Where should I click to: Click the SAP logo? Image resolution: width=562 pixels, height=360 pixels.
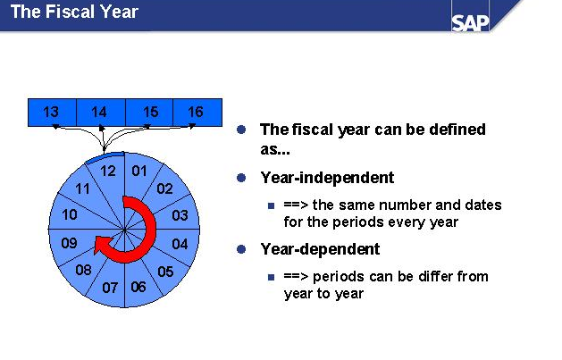tap(470, 23)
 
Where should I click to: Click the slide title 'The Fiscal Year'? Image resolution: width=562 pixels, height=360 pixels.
tap(74, 12)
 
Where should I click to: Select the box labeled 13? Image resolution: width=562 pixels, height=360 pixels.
tap(52, 113)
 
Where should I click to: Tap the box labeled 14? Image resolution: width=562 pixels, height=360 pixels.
tap(101, 113)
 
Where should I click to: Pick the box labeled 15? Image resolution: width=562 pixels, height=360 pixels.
tap(149, 113)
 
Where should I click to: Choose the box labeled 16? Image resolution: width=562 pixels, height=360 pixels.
tap(197, 113)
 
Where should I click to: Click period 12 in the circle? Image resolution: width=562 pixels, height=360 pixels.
tap(108, 172)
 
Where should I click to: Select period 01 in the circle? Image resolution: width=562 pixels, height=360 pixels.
tap(139, 172)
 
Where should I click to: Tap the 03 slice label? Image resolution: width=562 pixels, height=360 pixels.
tap(180, 215)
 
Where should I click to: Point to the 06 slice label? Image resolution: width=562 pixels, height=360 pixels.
tap(138, 287)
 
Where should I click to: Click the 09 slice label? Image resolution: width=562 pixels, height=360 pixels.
tap(69, 243)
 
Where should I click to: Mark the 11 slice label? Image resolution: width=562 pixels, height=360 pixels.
tap(82, 188)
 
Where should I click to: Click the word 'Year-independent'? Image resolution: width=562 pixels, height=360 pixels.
tap(327, 178)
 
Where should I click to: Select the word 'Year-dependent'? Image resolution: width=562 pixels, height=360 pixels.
tap(320, 249)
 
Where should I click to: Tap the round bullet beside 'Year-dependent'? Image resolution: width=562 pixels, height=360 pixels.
tap(241, 249)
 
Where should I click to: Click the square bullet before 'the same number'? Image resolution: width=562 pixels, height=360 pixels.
tap(272, 205)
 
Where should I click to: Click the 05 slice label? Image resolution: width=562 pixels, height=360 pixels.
tap(165, 272)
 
